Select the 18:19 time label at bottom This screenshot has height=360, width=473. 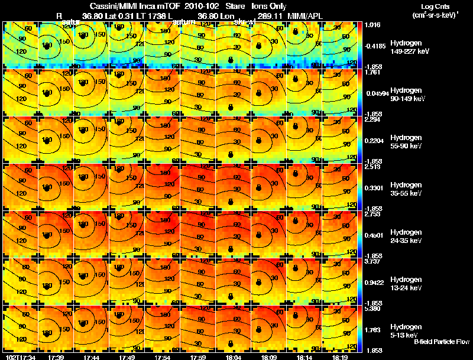pyautogui.click(x=339, y=357)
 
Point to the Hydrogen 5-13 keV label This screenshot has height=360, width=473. pyautogui.click(x=405, y=330)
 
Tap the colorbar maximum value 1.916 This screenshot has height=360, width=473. pyautogui.click(x=372, y=25)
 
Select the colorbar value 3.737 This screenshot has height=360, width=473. pyautogui.click(x=372, y=261)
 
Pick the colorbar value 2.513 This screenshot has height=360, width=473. pyautogui.click(x=372, y=167)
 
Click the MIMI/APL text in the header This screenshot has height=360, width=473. pyautogui.click(x=302, y=15)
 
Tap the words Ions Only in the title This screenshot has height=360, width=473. pyautogui.click(x=269, y=6)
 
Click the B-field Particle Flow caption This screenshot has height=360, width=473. pyautogui.click(x=441, y=342)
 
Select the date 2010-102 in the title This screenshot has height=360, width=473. pyautogui.click(x=202, y=6)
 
